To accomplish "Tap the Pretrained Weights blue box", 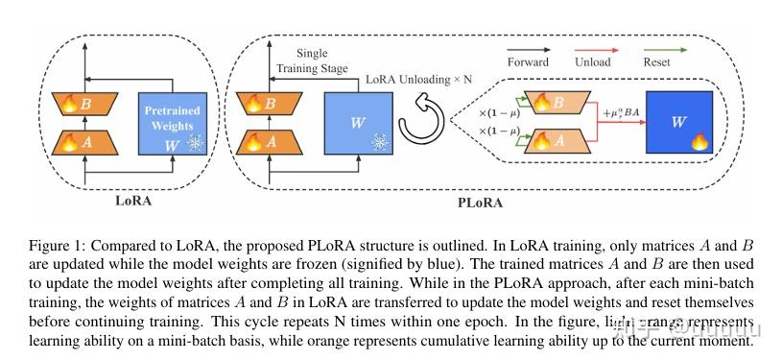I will (173, 123).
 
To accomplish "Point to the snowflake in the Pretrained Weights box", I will (196, 143).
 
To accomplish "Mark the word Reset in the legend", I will (710, 63).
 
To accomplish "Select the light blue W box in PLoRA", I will (355, 123).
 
